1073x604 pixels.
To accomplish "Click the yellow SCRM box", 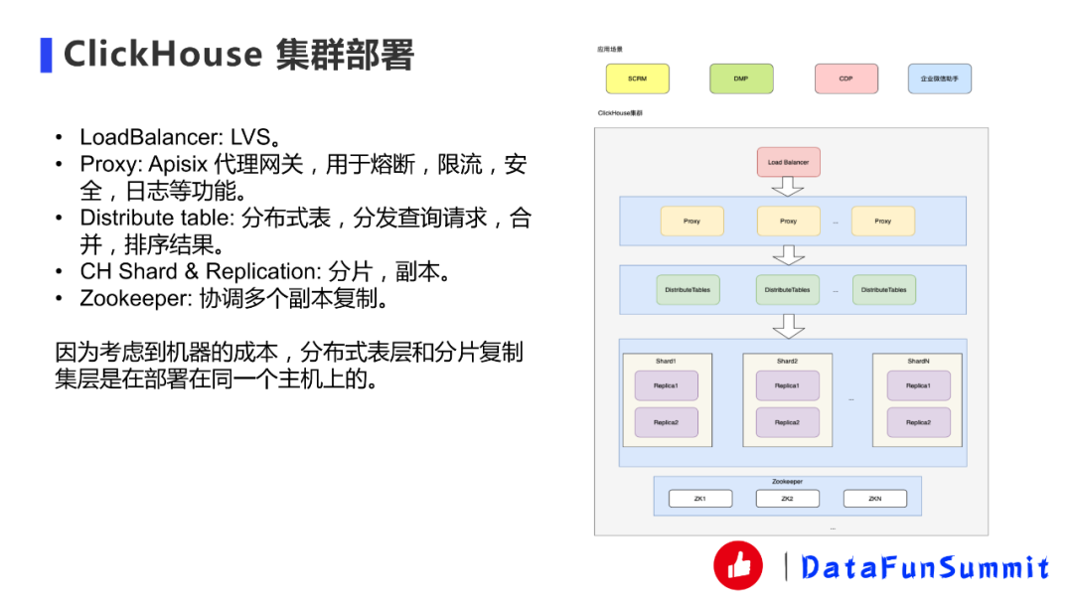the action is [x=638, y=78].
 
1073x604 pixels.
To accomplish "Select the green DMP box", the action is [x=741, y=78].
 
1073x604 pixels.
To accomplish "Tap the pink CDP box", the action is [x=845, y=78].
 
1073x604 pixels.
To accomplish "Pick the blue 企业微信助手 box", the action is [x=939, y=78].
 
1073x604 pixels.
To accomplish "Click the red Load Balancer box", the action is [x=788, y=162].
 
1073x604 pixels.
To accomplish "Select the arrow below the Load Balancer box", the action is [x=788, y=186].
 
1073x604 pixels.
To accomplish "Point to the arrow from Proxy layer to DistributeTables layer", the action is [x=788, y=254].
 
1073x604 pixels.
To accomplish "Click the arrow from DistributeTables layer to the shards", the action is [x=788, y=325].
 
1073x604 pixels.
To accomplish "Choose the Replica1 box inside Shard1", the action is [x=666, y=385].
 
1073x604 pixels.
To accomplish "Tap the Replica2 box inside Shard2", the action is [x=787, y=422].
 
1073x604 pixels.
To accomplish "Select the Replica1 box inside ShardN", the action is [x=918, y=385].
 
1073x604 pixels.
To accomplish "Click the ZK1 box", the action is [x=699, y=499].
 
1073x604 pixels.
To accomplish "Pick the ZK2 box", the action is [x=787, y=499].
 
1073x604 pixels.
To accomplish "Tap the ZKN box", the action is [x=874, y=499].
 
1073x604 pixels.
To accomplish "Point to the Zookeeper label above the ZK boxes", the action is [x=787, y=482].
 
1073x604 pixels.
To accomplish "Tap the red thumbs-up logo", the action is [x=738, y=566].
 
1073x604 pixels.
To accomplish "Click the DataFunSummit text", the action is [x=925, y=567].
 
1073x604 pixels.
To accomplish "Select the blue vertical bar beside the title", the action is [x=46, y=55].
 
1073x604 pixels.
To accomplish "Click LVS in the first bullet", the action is [x=255, y=137].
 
